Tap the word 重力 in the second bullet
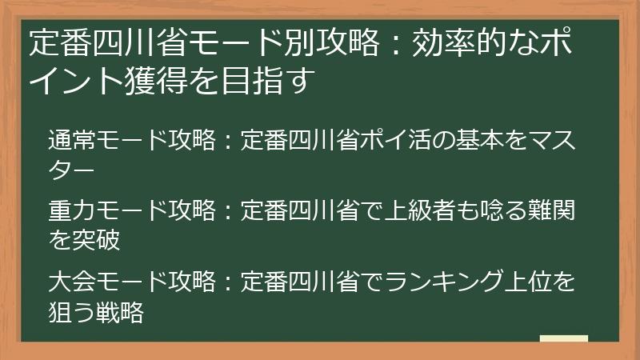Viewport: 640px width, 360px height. [x=70, y=210]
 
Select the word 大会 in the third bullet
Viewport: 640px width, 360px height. [x=70, y=282]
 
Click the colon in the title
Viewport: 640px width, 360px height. [x=394, y=44]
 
